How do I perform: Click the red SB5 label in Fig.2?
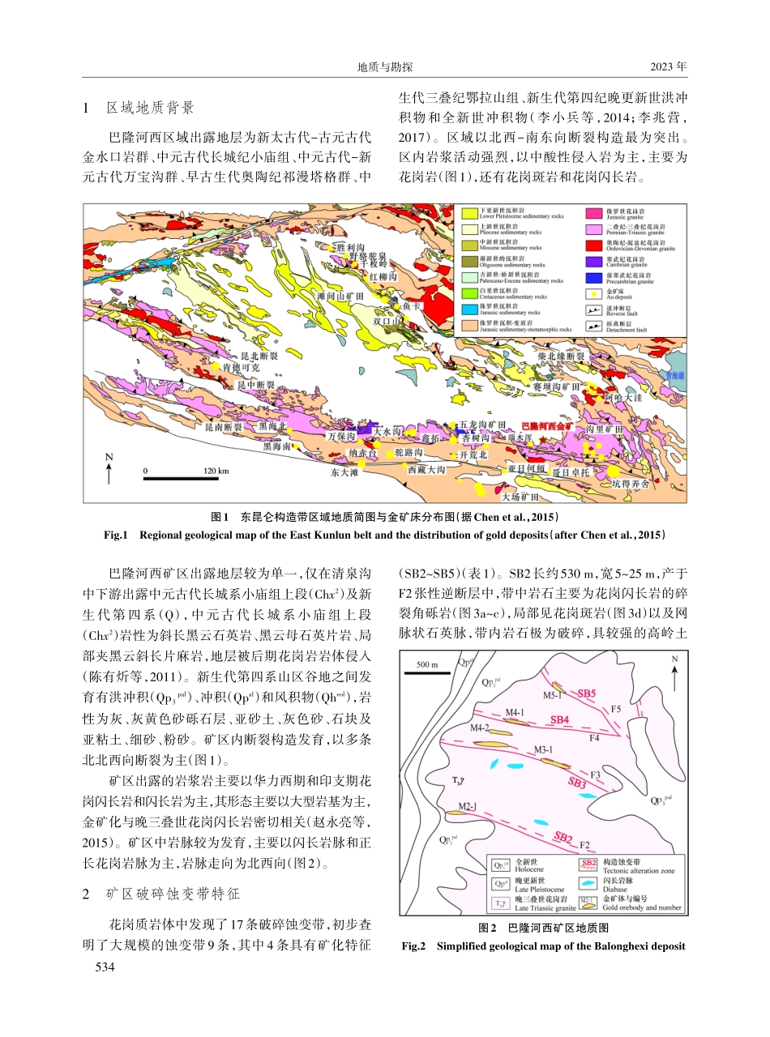[587, 693]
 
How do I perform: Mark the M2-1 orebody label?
[468, 806]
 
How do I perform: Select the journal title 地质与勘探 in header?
[386, 66]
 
